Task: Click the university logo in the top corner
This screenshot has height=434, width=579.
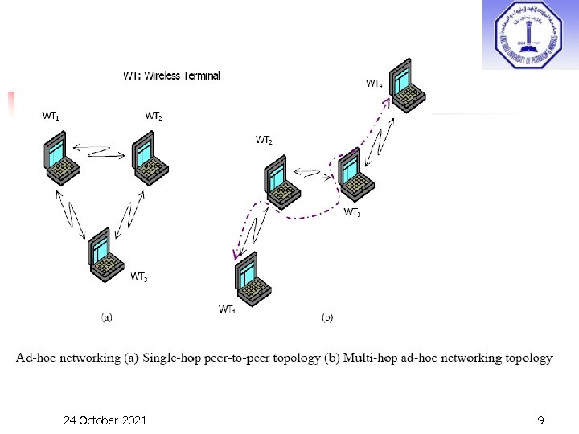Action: pyautogui.click(x=531, y=35)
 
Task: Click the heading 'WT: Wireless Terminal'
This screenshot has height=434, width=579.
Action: pyautogui.click(x=171, y=76)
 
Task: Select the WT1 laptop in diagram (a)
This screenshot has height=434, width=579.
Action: pyautogui.click(x=61, y=157)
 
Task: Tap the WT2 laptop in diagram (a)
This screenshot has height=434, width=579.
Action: pyautogui.click(x=148, y=157)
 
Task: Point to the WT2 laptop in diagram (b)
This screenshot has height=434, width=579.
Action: pyautogui.click(x=281, y=184)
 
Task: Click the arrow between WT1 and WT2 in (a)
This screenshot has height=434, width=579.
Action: pyautogui.click(x=102, y=149)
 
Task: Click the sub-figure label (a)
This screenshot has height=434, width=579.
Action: pyautogui.click(x=106, y=317)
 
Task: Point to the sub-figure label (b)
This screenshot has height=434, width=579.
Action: pyautogui.click(x=327, y=317)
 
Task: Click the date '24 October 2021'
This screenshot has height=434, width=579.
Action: pyautogui.click(x=105, y=420)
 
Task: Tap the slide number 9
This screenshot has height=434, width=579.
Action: pyautogui.click(x=541, y=420)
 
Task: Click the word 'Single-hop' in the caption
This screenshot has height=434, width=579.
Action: pyautogui.click(x=176, y=358)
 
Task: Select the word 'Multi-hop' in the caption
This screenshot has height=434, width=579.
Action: pyautogui.click(x=375, y=358)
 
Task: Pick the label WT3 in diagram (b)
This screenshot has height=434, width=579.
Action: pyautogui.click(x=352, y=213)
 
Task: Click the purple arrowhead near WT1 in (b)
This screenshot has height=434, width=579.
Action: pyautogui.click(x=236, y=256)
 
